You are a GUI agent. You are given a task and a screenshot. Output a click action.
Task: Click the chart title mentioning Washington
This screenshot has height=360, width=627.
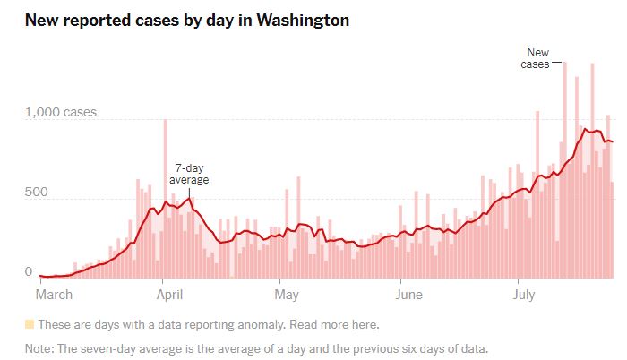click(186, 19)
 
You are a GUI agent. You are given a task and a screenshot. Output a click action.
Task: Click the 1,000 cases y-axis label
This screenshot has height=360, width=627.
click(61, 113)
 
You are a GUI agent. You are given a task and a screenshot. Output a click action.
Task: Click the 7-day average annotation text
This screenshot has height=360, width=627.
click(189, 174)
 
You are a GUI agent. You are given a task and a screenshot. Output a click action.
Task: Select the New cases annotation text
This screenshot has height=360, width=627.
click(537, 59)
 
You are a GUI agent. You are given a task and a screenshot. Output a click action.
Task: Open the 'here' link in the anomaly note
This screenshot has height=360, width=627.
click(364, 324)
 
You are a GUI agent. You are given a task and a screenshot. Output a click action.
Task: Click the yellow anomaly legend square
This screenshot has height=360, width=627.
click(30, 324)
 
